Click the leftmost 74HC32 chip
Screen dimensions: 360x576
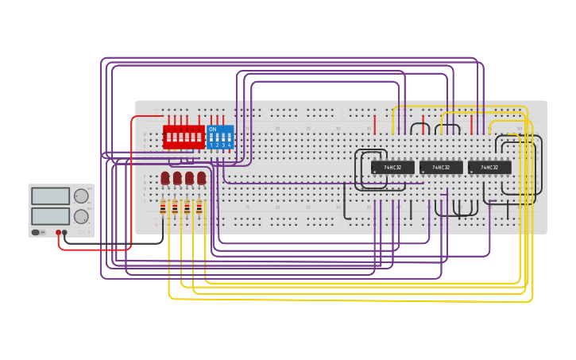[x=392, y=168]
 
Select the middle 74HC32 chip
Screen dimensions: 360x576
[x=441, y=168]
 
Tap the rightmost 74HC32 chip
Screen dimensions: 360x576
[x=489, y=168]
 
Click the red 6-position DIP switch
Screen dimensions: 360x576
[x=184, y=137]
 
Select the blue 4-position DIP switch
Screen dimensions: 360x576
[x=220, y=137]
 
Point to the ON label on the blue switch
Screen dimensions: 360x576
[x=212, y=129]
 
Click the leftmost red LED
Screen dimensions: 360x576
[x=165, y=178]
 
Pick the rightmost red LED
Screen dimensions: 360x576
[x=202, y=178]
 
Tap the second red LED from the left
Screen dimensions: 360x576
[x=177, y=178]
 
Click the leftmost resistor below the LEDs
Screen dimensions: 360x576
[x=163, y=208]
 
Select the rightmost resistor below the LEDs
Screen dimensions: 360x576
[x=199, y=208]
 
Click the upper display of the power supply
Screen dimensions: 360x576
[x=51, y=196]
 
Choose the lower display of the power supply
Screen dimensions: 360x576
[x=51, y=216]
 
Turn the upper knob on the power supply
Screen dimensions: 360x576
[x=81, y=196]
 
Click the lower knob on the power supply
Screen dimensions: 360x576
[x=81, y=216]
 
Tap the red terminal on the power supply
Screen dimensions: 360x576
[x=58, y=232]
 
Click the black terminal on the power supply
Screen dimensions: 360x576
[x=65, y=232]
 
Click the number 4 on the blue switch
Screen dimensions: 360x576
[x=229, y=145]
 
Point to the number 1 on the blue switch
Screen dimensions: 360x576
[x=211, y=145]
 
